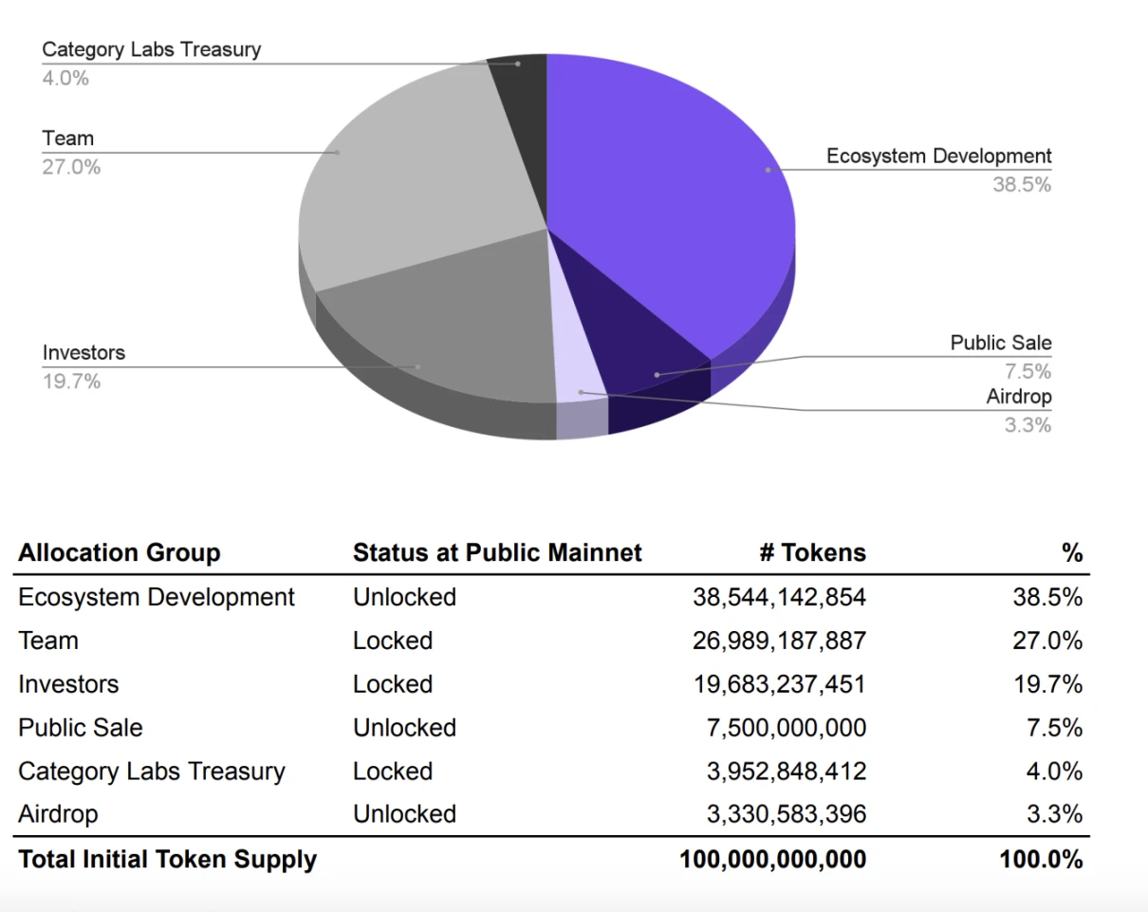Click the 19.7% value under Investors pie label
point(71,382)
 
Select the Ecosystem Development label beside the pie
point(938,157)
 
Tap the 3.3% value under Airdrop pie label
point(1028,425)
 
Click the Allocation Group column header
point(120,553)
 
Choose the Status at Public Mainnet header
point(497,553)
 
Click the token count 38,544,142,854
point(779,597)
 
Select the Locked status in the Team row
point(393,641)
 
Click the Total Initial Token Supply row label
point(167,860)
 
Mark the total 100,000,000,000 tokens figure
point(772,860)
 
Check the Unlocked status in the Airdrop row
point(404,814)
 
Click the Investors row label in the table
point(68,684)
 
